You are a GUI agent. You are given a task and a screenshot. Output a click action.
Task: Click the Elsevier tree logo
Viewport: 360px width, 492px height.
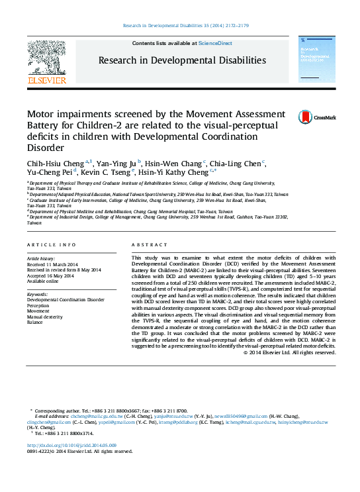[47, 58]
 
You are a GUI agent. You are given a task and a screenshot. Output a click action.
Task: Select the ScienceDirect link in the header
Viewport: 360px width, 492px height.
[216, 43]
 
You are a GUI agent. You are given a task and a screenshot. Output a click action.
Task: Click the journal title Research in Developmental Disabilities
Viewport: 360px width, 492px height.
[182, 60]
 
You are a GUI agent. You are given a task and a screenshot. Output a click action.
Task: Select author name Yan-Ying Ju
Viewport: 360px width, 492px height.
[116, 163]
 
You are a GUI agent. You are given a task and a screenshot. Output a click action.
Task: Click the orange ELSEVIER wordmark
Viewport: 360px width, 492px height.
[46, 81]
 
